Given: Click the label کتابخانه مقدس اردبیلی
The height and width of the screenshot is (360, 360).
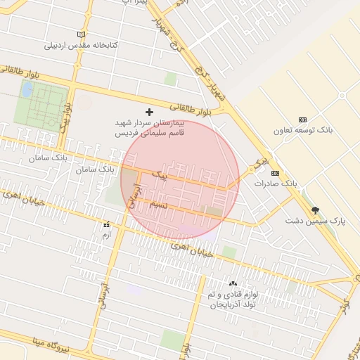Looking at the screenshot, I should [x=82, y=46].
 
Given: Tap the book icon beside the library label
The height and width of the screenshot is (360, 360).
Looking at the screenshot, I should [x=82, y=34].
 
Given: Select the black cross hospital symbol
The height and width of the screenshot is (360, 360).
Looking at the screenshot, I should [x=149, y=112].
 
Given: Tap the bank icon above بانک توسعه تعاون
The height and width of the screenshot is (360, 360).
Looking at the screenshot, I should [x=303, y=120].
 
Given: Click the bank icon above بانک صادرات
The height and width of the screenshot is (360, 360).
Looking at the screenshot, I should [x=275, y=173].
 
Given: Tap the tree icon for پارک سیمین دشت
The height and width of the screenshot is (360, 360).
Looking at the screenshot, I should [x=315, y=210].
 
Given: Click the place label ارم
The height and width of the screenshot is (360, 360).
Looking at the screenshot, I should [x=107, y=234].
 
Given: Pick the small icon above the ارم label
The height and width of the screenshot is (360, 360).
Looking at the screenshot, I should [x=107, y=224].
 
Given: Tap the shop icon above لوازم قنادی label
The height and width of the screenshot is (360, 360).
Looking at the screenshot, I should [x=233, y=283].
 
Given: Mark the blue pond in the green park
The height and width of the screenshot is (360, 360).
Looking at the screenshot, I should [x=27, y=90].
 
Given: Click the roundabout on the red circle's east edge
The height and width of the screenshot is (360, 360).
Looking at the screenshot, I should [x=252, y=169].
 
